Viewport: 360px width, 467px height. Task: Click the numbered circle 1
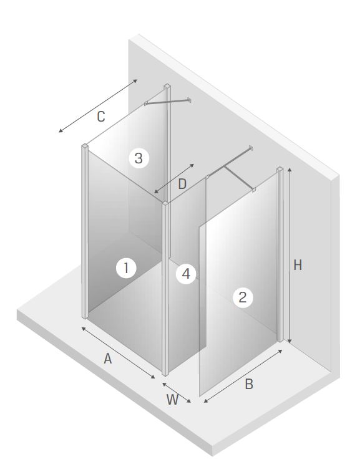point(126,268)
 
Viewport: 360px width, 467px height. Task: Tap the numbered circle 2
point(243,297)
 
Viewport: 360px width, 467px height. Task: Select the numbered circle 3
point(139,158)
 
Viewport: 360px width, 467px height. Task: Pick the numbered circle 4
point(186,274)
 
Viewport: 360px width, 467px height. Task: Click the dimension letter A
point(107,359)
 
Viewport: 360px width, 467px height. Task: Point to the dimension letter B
point(249,384)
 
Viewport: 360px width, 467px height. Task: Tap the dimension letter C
point(101,117)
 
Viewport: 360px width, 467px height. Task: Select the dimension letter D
point(182,184)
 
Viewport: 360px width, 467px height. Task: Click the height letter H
point(298,265)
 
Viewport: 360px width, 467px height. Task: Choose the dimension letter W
point(173,400)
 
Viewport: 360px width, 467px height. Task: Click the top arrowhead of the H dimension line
point(289,170)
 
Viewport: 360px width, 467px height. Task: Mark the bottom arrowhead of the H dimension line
point(289,341)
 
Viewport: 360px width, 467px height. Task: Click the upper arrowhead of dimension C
point(135,80)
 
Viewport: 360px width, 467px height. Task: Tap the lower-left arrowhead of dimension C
point(61,130)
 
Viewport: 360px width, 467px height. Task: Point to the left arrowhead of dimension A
point(84,329)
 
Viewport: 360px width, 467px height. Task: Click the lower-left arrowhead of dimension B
point(206,401)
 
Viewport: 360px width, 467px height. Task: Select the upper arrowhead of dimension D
point(192,165)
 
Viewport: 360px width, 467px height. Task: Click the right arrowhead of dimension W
point(189,401)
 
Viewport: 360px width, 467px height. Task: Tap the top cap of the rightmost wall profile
point(280,170)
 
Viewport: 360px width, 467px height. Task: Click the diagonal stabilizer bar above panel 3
point(167,102)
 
